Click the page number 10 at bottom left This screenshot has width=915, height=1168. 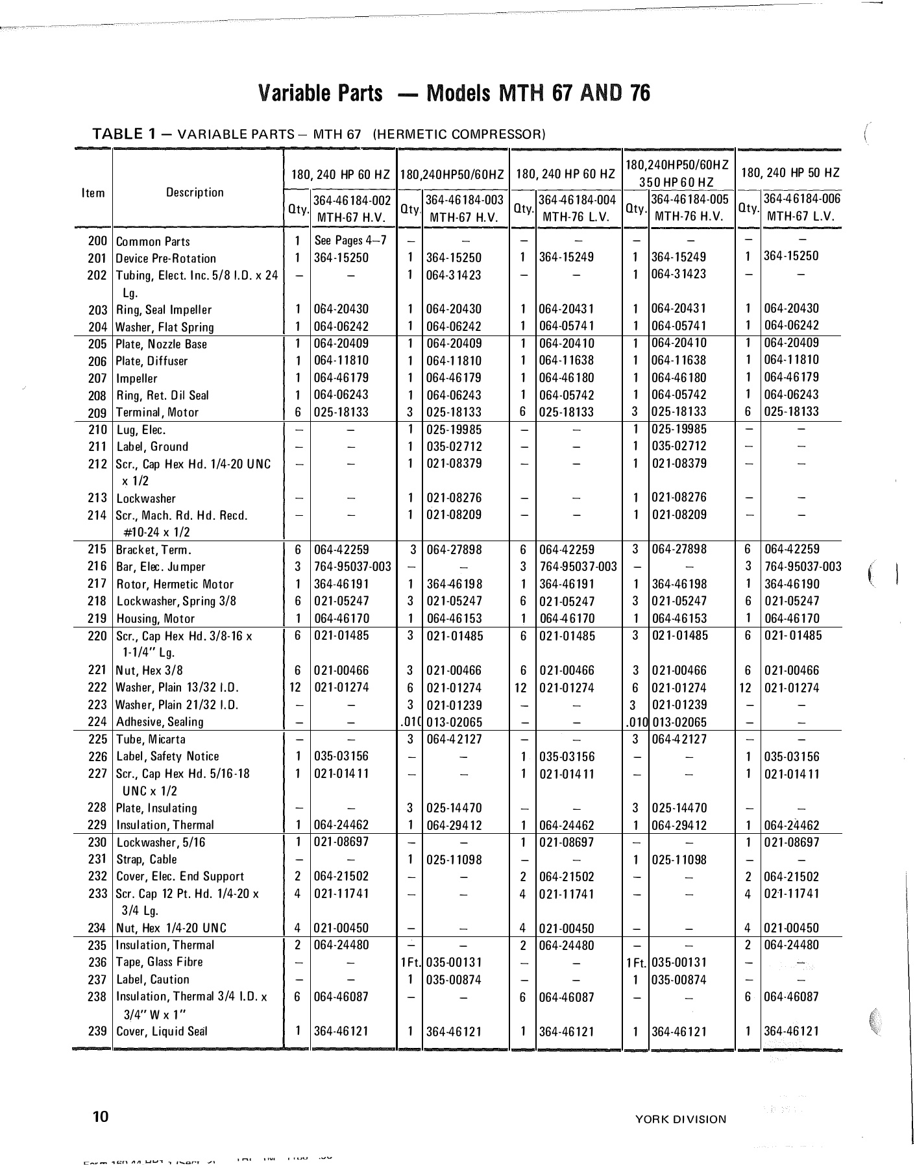pos(100,1117)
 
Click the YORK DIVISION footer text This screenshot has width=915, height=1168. pos(681,1119)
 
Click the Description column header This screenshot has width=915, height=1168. pos(195,192)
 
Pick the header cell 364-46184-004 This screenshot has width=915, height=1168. pos(577,200)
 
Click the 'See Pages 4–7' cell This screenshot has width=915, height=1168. pos(350,241)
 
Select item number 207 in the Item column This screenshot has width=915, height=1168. pos(97,378)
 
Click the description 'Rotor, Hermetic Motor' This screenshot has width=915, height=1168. pos(175,584)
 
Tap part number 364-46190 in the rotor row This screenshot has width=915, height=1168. pos(791,583)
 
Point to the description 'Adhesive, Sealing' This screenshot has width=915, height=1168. pos(160,722)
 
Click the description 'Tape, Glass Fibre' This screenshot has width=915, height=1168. pos(159,962)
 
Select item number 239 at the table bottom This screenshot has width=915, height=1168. pos(97,1031)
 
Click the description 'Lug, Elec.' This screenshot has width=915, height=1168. pos(141,430)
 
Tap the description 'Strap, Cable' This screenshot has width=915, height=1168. pos(146,859)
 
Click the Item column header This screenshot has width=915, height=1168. pos(93,193)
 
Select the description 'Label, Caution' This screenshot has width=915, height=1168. pos(152,979)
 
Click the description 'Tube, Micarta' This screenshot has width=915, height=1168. pos(151,739)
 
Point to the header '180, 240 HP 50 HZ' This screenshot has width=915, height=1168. pos(790,173)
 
